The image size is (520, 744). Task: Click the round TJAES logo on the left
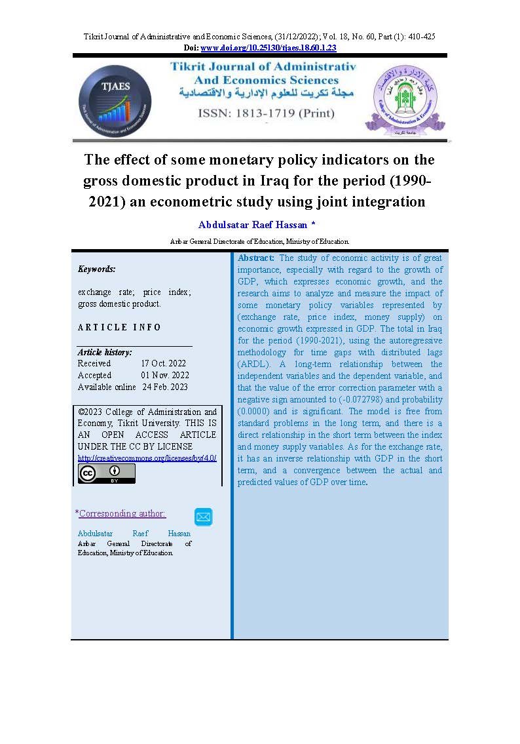[115, 101]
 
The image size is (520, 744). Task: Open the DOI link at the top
[268, 48]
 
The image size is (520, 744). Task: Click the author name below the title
[253, 224]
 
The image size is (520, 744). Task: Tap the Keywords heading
[96, 269]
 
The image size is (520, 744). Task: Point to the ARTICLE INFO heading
[119, 327]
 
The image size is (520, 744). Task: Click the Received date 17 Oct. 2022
[163, 363]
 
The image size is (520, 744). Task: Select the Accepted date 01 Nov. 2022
[164, 375]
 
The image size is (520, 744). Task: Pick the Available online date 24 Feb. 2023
[165, 387]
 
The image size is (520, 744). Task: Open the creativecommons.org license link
[147, 458]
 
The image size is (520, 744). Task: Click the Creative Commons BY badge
[106, 473]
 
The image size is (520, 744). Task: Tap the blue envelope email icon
[203, 517]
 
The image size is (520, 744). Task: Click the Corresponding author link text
[122, 513]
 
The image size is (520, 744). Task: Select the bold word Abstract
[256, 258]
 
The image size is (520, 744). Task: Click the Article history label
[105, 352]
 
